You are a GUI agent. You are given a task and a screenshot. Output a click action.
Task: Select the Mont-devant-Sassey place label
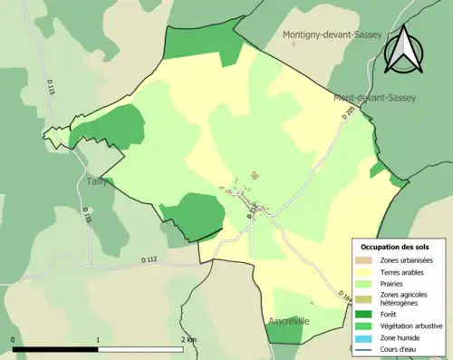click(374, 98)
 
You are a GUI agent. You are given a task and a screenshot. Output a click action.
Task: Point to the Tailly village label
click(97, 180)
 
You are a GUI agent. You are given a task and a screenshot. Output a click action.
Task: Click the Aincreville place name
click(289, 322)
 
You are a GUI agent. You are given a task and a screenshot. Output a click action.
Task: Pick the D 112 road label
click(149, 260)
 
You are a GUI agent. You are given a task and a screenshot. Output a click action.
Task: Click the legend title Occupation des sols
click(395, 247)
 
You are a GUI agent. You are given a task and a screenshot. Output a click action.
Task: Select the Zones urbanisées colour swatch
click(365, 260)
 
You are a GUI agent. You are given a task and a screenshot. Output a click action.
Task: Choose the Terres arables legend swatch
click(365, 271)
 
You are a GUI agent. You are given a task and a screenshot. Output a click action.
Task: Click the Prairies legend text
click(393, 283)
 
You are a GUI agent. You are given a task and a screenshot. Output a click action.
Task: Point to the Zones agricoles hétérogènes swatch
click(365, 297)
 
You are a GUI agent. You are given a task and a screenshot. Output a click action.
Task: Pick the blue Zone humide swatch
click(365, 337)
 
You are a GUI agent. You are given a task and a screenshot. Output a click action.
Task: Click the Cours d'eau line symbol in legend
click(365, 349)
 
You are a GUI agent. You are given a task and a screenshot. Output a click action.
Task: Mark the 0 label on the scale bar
click(13, 339)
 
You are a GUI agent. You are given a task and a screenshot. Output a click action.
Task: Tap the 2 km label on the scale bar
click(188, 339)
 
